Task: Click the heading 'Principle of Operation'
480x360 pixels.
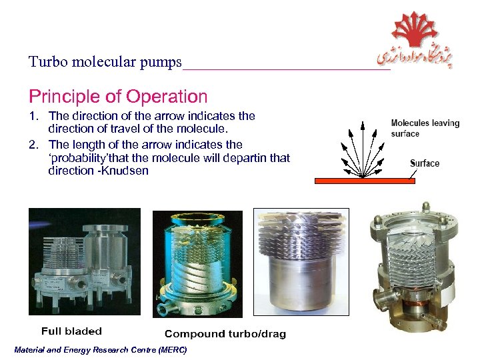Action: (x=118, y=97)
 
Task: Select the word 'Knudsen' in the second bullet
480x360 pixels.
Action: (x=127, y=171)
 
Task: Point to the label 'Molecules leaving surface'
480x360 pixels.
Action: (x=425, y=128)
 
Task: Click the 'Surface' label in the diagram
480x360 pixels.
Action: (x=425, y=163)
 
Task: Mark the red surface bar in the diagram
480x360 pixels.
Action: (x=364, y=180)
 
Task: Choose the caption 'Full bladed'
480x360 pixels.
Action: (x=71, y=331)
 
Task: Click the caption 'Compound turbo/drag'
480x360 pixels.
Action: (x=225, y=333)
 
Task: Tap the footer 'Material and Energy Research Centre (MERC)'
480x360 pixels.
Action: (x=100, y=350)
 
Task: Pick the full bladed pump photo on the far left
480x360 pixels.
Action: (x=84, y=261)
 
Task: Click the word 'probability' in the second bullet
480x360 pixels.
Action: (x=79, y=157)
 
